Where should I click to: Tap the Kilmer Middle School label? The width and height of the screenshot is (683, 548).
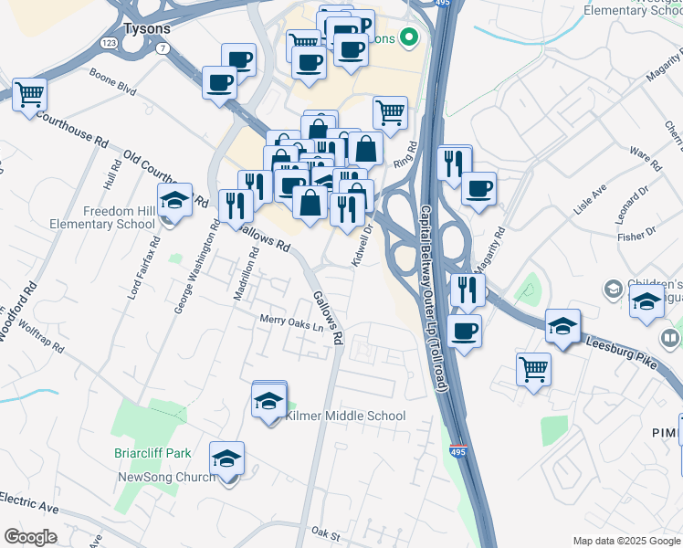(345, 416)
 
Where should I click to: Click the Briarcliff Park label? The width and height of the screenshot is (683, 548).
(153, 452)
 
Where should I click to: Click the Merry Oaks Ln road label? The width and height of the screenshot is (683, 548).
(292, 321)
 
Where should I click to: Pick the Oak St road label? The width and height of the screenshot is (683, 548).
(324, 532)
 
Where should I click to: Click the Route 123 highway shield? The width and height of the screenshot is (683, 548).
(108, 43)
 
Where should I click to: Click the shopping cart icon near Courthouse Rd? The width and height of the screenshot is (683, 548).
(29, 93)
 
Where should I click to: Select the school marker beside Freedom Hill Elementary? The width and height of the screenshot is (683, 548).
(174, 199)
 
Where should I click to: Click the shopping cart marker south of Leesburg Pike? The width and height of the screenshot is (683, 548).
(533, 369)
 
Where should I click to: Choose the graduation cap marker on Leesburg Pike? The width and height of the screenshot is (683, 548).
(563, 325)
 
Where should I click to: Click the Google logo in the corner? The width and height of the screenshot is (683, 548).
(31, 537)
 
